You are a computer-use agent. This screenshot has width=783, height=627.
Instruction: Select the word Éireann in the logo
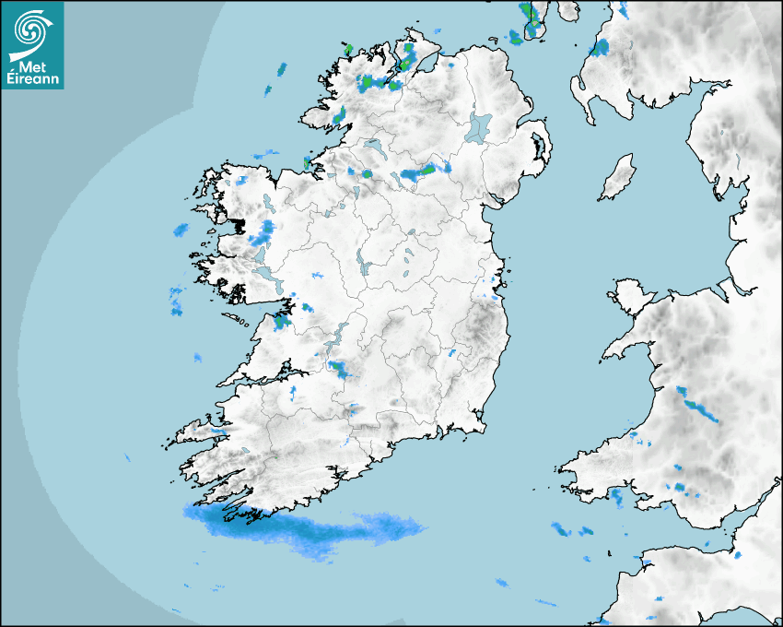(x=32, y=80)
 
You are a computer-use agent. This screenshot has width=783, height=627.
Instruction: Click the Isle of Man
(x=618, y=177)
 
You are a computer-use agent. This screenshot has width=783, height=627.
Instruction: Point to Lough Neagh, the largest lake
(x=479, y=126)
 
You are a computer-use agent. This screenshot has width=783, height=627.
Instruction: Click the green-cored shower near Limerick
(x=340, y=370)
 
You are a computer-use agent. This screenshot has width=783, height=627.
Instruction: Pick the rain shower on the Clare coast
(x=281, y=321)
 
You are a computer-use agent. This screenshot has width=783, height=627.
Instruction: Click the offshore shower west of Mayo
(x=181, y=229)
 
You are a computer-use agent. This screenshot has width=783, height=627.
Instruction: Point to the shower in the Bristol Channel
(x=561, y=529)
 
